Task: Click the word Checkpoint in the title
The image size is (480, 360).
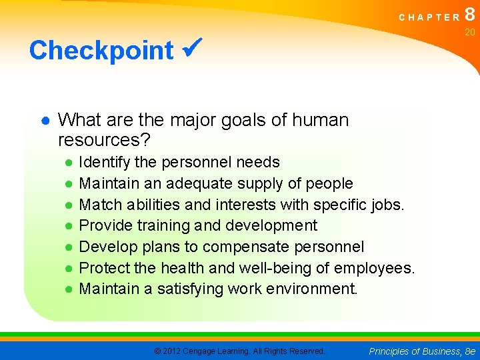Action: click(101, 50)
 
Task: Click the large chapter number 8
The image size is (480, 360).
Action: click(470, 15)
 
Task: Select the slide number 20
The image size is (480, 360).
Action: click(469, 32)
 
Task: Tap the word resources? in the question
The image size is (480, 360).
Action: click(104, 140)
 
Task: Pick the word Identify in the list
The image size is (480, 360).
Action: click(104, 162)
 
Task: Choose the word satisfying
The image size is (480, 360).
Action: click(190, 289)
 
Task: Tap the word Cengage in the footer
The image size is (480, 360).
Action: click(203, 351)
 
